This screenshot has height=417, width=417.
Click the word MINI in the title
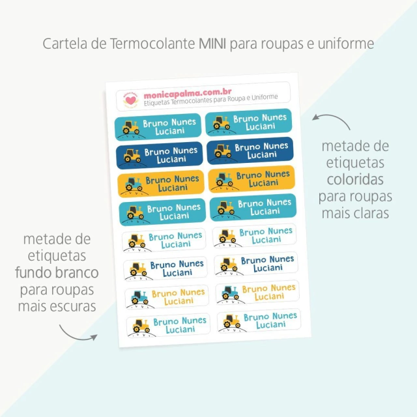click(x=212, y=44)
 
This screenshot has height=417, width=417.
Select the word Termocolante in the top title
click(x=152, y=44)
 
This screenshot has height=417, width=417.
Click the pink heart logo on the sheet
click(x=130, y=100)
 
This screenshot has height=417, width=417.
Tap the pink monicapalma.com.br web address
click(x=188, y=94)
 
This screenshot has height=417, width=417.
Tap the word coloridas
click(x=355, y=180)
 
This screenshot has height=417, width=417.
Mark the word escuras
click(x=73, y=306)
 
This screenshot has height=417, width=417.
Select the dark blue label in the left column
click(x=160, y=155)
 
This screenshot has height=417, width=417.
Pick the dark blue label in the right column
click(x=250, y=151)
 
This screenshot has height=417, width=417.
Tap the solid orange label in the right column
click(x=252, y=179)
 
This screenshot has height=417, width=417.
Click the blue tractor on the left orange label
click(x=133, y=184)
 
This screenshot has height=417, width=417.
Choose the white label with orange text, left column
click(x=167, y=297)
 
